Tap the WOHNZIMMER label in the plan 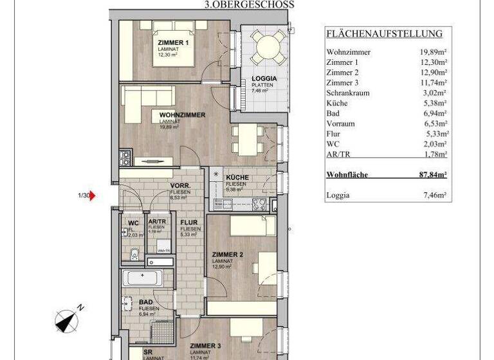point(182,115)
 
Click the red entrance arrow point(93,195)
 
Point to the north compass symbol point(66,319)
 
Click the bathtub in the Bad point(144,278)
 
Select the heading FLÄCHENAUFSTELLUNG point(384,34)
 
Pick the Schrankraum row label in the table point(348,93)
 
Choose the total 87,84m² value point(431,174)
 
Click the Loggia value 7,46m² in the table point(434,195)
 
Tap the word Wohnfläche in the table point(347,174)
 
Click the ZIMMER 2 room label point(228,255)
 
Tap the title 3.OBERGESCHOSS point(248,4)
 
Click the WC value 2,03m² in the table point(434,144)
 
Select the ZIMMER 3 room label point(205,345)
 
